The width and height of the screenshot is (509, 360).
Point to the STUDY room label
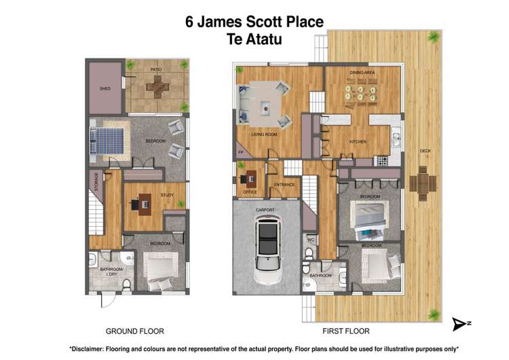(x=167, y=195)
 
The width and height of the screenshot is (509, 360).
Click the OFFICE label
(x=250, y=193)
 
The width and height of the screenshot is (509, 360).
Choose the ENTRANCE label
(x=284, y=185)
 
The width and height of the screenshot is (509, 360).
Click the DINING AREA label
(x=362, y=71)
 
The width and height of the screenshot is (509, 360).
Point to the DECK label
(x=425, y=151)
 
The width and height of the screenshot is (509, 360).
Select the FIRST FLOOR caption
(x=345, y=331)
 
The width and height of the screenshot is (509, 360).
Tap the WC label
(x=309, y=240)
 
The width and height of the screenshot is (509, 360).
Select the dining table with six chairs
(x=361, y=91)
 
